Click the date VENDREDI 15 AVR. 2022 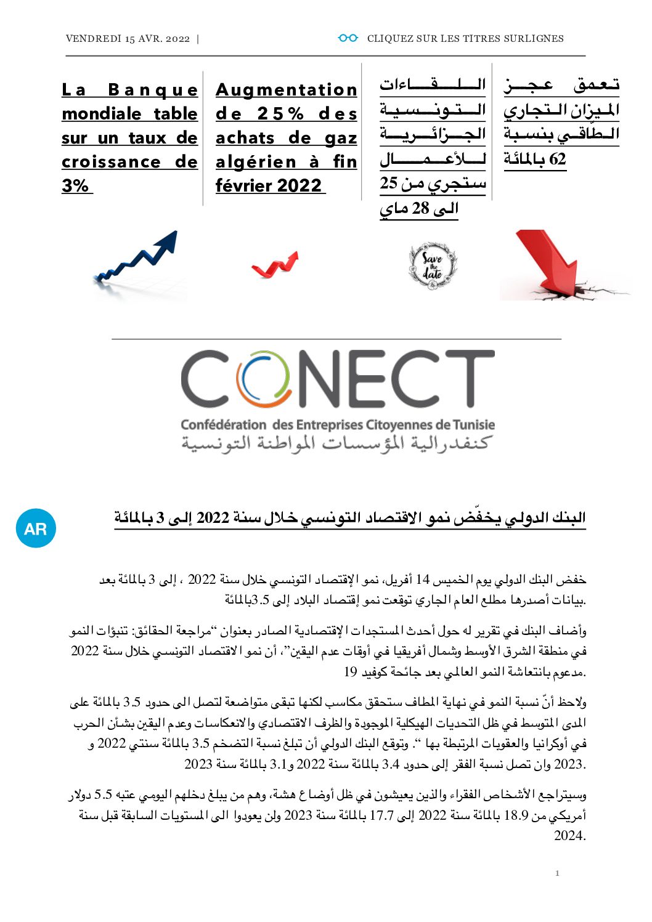128,39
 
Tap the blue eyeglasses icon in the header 348,38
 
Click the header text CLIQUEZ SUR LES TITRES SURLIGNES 465,39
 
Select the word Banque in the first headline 153,90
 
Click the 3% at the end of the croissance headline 76,186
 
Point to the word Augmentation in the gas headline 287,90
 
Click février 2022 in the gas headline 269,186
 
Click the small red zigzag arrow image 275,264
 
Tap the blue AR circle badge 36,528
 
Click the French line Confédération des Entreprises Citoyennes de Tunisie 338,425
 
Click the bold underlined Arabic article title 350,518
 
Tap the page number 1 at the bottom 557,873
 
